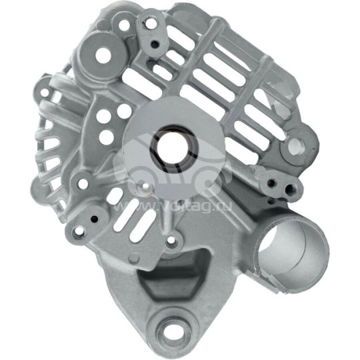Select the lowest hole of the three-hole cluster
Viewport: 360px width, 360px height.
[104, 138]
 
